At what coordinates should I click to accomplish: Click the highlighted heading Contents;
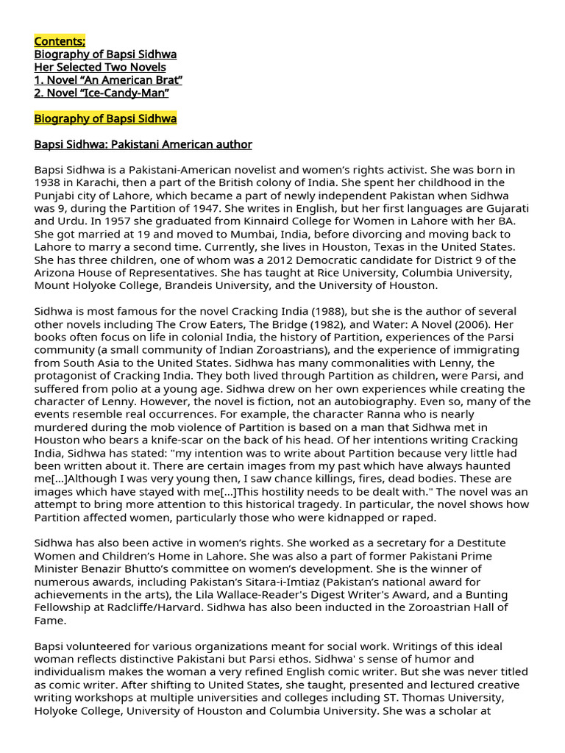coord(60,41)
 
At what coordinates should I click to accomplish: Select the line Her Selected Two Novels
coord(100,67)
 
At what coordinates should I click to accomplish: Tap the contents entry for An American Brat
coord(108,79)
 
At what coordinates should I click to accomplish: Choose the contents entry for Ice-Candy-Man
coord(102,93)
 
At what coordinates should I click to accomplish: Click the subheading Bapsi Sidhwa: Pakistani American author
coord(143,144)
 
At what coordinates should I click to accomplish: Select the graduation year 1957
coord(112,221)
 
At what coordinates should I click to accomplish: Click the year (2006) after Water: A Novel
coord(470,324)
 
